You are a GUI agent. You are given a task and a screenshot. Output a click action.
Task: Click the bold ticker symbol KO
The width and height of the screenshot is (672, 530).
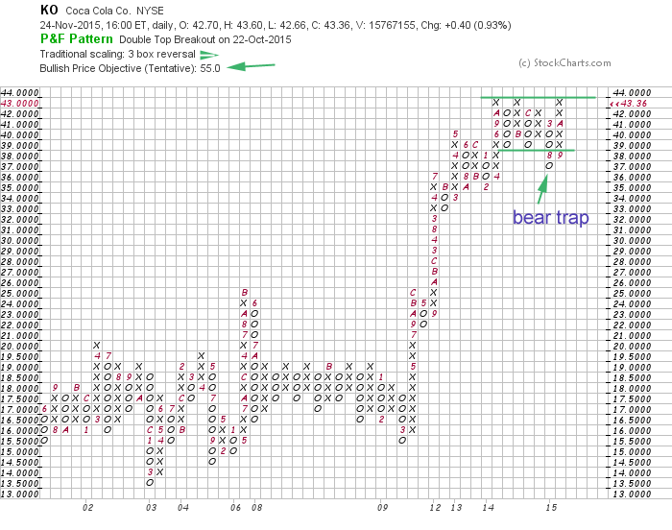click(48, 10)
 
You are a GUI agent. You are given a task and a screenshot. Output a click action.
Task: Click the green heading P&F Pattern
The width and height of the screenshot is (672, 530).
click(75, 39)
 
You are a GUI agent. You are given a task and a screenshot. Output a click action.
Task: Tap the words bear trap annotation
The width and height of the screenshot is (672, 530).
click(550, 218)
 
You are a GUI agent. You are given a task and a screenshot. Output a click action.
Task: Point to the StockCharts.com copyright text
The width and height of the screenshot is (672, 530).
click(564, 63)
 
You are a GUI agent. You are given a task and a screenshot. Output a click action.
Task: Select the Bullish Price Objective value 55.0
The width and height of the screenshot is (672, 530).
click(210, 68)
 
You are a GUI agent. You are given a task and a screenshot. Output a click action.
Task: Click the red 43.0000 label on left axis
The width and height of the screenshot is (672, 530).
click(20, 102)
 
